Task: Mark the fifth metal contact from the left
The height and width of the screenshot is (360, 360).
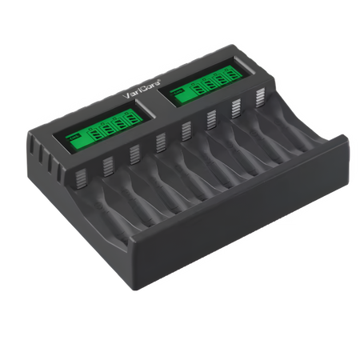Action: pyautogui.click(x=186, y=130)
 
